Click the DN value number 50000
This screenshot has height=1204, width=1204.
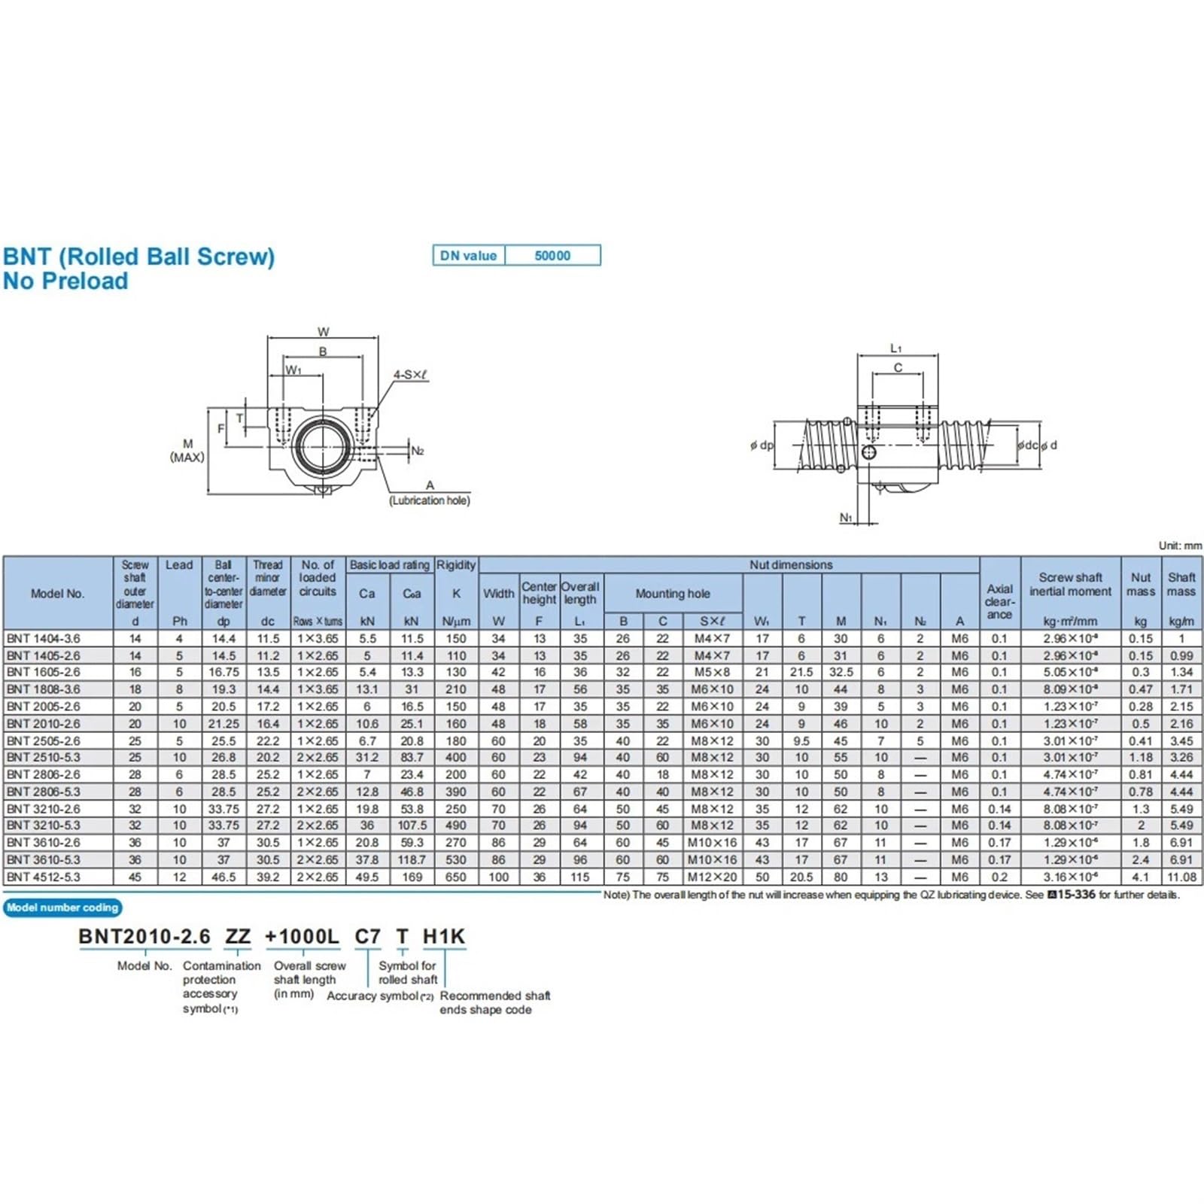pos(552,256)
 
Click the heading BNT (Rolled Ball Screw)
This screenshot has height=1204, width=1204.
pos(139,257)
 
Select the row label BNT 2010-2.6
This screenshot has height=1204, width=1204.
pos(44,723)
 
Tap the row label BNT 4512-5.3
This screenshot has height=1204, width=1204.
pos(44,877)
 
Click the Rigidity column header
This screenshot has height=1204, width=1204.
pos(456,564)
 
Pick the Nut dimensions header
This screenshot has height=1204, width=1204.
pos(791,564)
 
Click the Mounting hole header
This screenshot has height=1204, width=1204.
pos(673,593)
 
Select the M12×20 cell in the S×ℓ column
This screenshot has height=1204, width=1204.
pos(712,877)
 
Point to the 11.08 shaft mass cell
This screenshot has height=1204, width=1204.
pos(1181,877)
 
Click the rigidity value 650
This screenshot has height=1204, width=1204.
pos(456,877)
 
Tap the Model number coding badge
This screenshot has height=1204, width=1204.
pos(62,908)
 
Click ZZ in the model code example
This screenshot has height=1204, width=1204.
pos(238,937)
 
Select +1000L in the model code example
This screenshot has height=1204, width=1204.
pos(302,937)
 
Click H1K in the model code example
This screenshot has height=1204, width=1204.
pos(444,937)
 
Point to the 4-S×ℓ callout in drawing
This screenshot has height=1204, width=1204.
pos(411,375)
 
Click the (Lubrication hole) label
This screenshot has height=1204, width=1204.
pos(430,500)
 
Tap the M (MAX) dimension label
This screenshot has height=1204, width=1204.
pos(187,450)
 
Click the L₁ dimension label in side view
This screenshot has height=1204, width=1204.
pos(895,348)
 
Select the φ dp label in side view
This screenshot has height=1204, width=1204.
pos(762,445)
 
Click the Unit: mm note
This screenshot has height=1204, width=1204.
pos(1180,546)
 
